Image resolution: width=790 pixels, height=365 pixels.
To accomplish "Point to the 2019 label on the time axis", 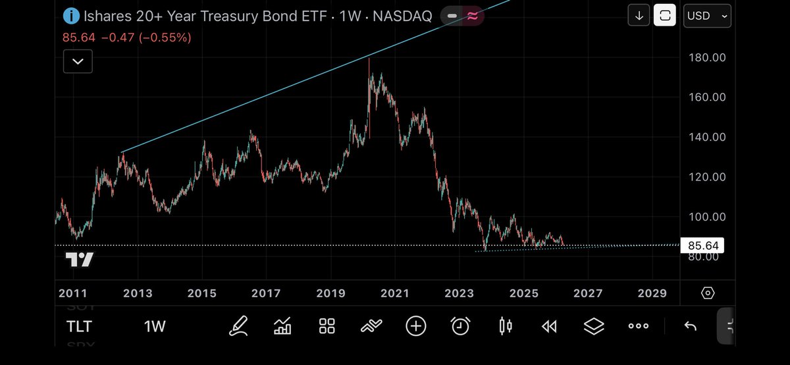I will tap(330, 293).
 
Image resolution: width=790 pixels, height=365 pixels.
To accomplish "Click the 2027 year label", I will tap(588, 293).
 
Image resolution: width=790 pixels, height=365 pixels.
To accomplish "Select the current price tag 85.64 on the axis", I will tap(702, 246).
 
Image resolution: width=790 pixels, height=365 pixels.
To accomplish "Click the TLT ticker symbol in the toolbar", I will tap(79, 326).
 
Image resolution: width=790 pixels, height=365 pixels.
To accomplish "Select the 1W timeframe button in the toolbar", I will tap(155, 326).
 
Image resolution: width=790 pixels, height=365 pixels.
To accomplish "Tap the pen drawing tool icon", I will tap(238, 325).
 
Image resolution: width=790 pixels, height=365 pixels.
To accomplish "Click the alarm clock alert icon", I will tap(460, 325).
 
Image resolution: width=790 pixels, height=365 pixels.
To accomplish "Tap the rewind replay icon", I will tap(549, 325).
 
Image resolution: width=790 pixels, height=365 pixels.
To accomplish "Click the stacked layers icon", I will tap(594, 325).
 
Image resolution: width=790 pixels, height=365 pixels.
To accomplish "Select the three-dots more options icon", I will tap(639, 325).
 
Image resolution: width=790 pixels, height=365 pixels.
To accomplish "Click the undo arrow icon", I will tap(690, 325).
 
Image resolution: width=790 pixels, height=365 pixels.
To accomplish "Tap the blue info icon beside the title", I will tap(70, 15).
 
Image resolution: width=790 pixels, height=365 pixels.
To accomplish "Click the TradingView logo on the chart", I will tap(79, 260).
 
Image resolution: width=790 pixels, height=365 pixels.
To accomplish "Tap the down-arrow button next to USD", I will tap(639, 15).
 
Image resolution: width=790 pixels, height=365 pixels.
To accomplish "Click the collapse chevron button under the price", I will tap(78, 61).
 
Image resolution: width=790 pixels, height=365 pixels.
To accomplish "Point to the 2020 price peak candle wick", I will tap(369, 63).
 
